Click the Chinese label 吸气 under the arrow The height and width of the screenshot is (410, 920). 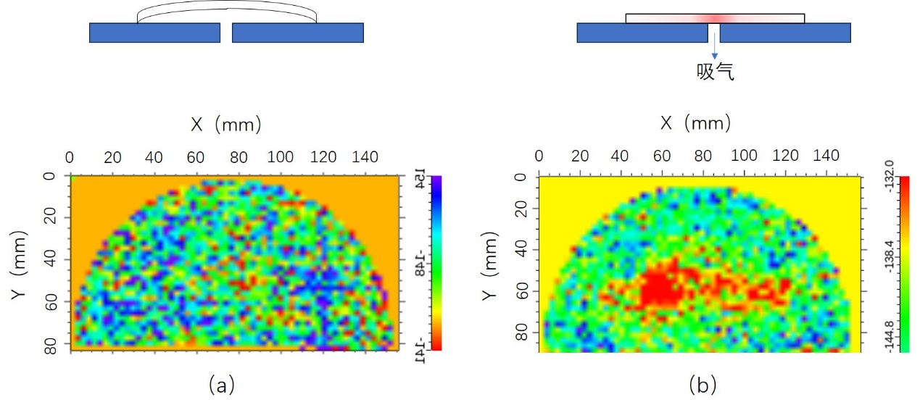[715, 72]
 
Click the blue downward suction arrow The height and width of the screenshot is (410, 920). [714, 49]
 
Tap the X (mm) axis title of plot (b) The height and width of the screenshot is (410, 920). [695, 123]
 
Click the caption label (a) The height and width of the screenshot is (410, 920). [221, 385]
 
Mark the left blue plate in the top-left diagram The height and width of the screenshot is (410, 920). [154, 33]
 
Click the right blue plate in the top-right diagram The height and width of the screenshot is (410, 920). [785, 33]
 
